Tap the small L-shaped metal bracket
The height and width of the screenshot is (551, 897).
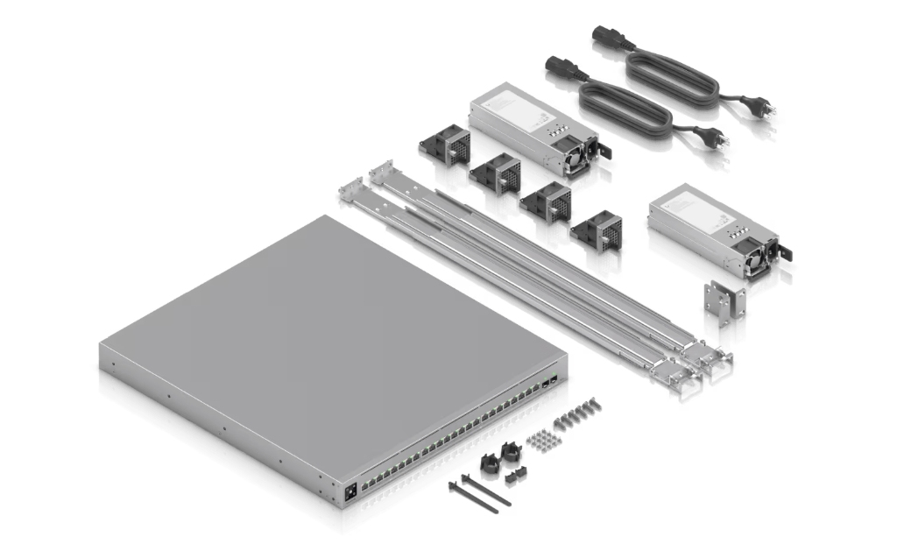(x=723, y=302)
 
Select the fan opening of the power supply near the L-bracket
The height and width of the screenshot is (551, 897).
(x=752, y=259)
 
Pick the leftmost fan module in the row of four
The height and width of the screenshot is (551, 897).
(x=446, y=145)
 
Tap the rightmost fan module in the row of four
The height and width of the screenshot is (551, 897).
(x=597, y=231)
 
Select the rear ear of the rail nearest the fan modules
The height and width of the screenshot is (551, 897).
(x=381, y=171)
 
